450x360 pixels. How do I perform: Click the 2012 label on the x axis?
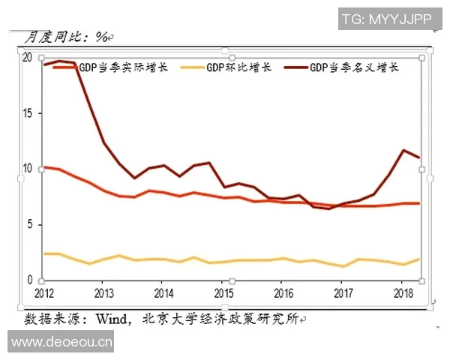pyautogui.click(x=44, y=292)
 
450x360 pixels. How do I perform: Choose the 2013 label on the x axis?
pyautogui.click(x=103, y=292)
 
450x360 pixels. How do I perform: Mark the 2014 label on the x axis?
pyautogui.click(x=163, y=292)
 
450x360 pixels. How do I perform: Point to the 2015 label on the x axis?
pyautogui.click(x=223, y=292)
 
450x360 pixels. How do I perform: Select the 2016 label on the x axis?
pyautogui.click(x=283, y=292)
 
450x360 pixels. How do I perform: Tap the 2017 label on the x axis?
pyautogui.click(x=343, y=292)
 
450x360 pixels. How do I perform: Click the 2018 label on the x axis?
pyautogui.click(x=403, y=292)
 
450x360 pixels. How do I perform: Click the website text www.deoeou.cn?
pyautogui.click(x=61, y=343)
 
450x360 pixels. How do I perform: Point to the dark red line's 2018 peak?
pyautogui.click(x=403, y=150)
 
